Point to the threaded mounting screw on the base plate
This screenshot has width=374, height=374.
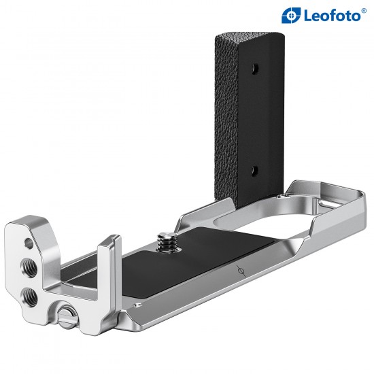[x=165, y=240]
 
